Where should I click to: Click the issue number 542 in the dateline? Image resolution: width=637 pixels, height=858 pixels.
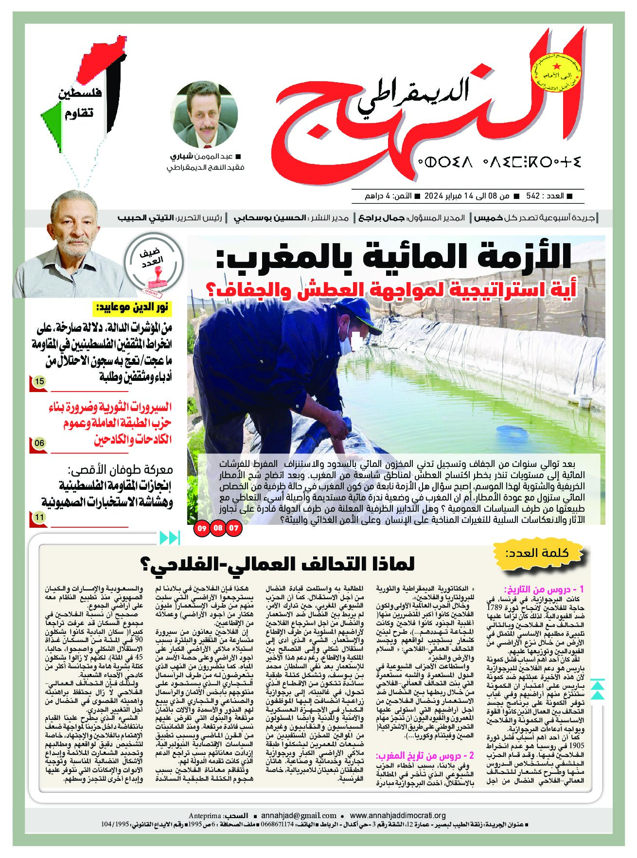(533, 196)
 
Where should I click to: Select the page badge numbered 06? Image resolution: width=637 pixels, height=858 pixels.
(39, 443)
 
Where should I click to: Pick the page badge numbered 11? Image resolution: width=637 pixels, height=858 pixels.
(39, 518)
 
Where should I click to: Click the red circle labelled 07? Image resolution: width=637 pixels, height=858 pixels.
(234, 528)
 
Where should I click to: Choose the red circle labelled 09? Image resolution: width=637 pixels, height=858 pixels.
(202, 528)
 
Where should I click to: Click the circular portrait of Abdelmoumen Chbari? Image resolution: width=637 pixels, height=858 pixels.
(205, 115)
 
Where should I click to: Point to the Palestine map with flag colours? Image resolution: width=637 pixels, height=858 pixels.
(83, 97)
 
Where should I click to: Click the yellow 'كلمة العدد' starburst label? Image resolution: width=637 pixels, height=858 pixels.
(538, 553)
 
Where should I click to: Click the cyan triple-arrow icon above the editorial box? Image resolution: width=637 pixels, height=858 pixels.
(170, 538)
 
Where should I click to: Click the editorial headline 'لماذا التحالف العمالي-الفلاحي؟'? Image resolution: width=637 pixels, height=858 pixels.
(277, 564)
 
